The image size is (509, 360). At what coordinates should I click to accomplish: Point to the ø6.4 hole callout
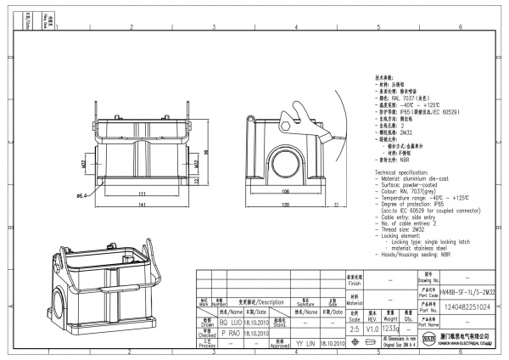tap(83, 196)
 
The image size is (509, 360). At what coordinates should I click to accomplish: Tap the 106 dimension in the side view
tap(285, 192)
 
